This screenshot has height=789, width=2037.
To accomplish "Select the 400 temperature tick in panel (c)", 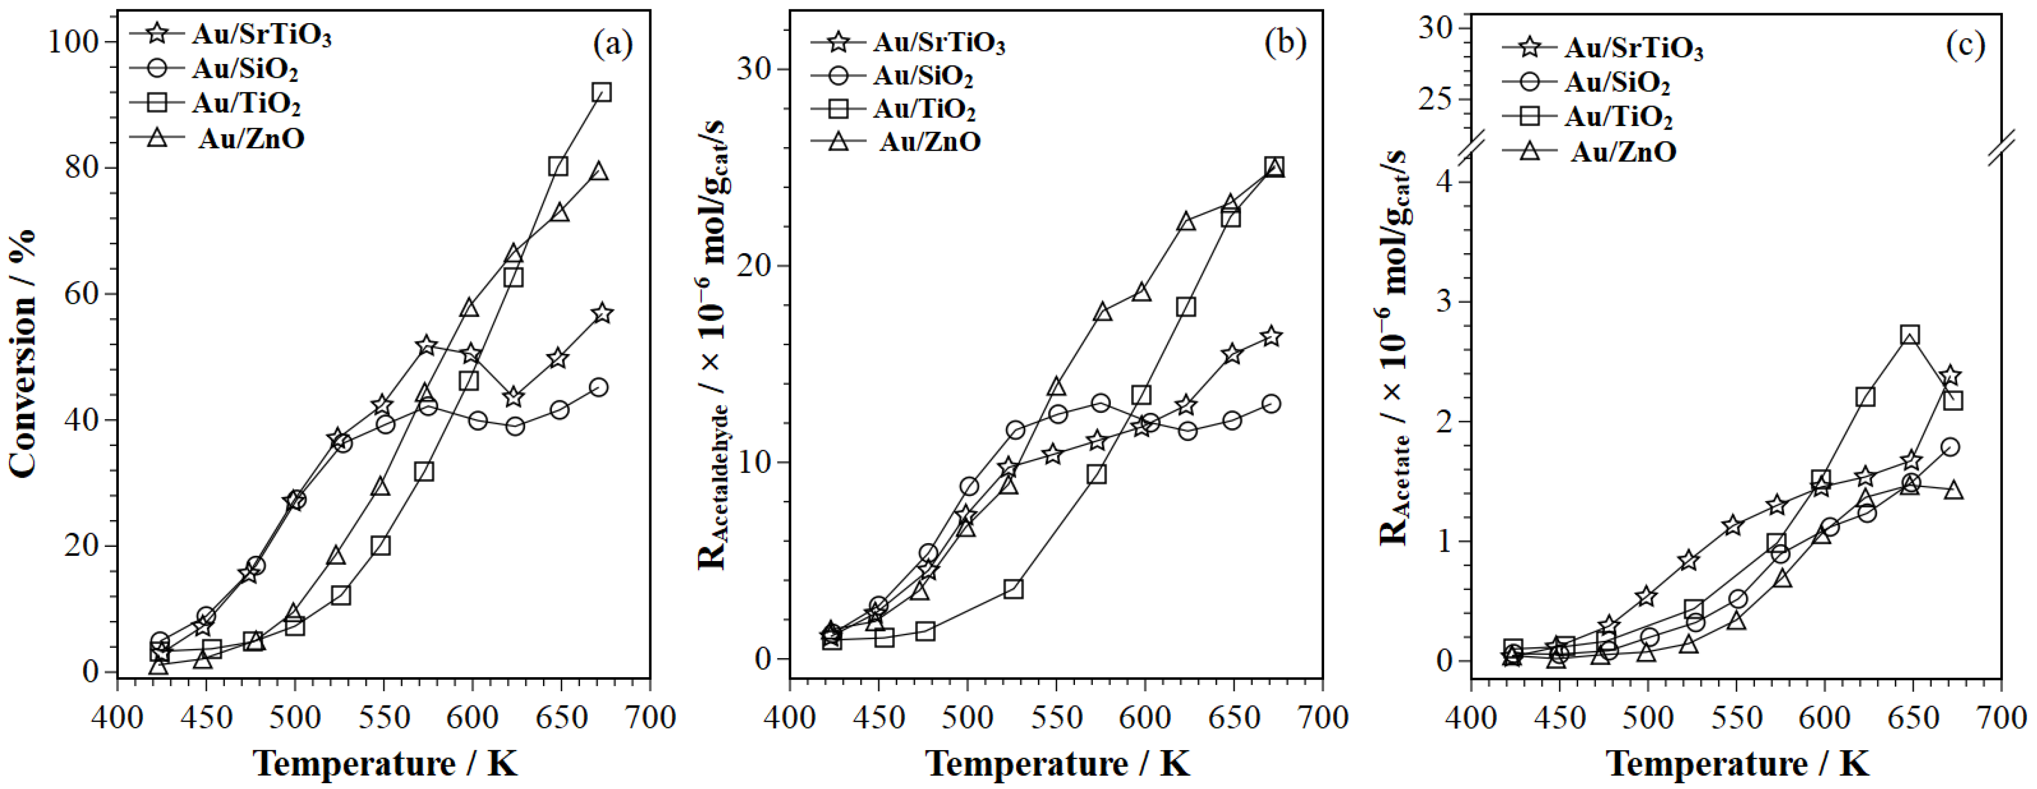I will click(1471, 718).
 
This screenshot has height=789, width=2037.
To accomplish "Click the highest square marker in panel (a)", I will click(601, 92).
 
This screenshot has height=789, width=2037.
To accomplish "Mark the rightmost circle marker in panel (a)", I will click(599, 387).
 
